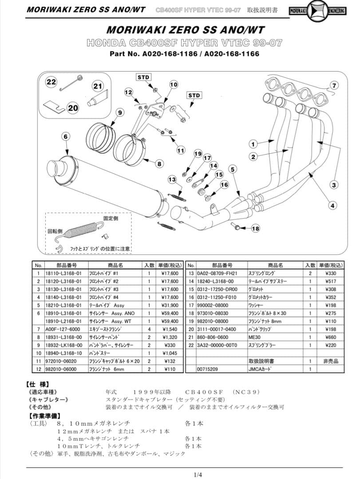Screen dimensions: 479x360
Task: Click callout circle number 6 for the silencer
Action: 65,136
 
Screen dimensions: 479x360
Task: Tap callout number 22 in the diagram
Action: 52,82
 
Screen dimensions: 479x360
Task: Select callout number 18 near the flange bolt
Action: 255,229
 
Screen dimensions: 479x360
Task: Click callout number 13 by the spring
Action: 172,179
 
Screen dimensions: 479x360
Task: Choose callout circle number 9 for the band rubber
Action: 119,113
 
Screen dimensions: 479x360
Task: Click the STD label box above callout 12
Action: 143,77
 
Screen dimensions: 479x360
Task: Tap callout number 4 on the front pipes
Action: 332,205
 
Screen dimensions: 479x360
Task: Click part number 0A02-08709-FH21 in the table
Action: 216,274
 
